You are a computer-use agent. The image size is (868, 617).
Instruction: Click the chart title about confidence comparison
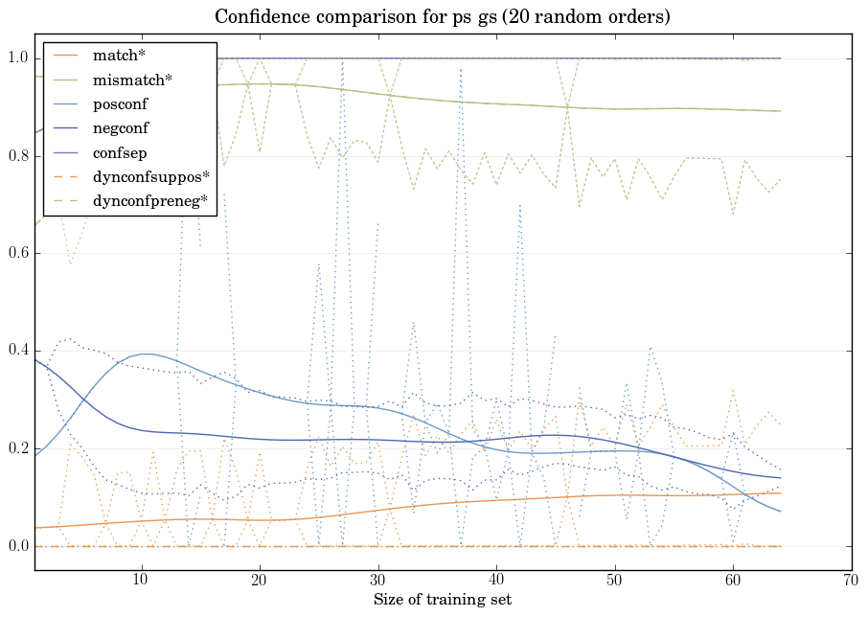[x=442, y=17]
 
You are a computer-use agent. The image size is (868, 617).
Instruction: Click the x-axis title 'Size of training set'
[x=442, y=601]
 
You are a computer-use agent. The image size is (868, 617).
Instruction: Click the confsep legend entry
[x=120, y=153]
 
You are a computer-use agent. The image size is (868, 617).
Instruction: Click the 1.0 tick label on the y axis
[x=16, y=58]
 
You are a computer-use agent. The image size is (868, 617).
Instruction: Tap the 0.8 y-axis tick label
[x=16, y=156]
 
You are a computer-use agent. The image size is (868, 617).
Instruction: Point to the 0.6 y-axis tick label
[x=16, y=254]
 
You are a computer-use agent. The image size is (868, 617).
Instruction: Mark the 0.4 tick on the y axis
[x=16, y=352]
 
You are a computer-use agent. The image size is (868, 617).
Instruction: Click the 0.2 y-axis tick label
[x=16, y=449]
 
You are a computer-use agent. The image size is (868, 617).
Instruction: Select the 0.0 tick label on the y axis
[x=16, y=547]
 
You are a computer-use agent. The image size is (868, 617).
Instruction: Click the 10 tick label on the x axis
[x=141, y=581]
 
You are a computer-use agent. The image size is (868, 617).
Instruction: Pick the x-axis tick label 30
[x=377, y=581]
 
